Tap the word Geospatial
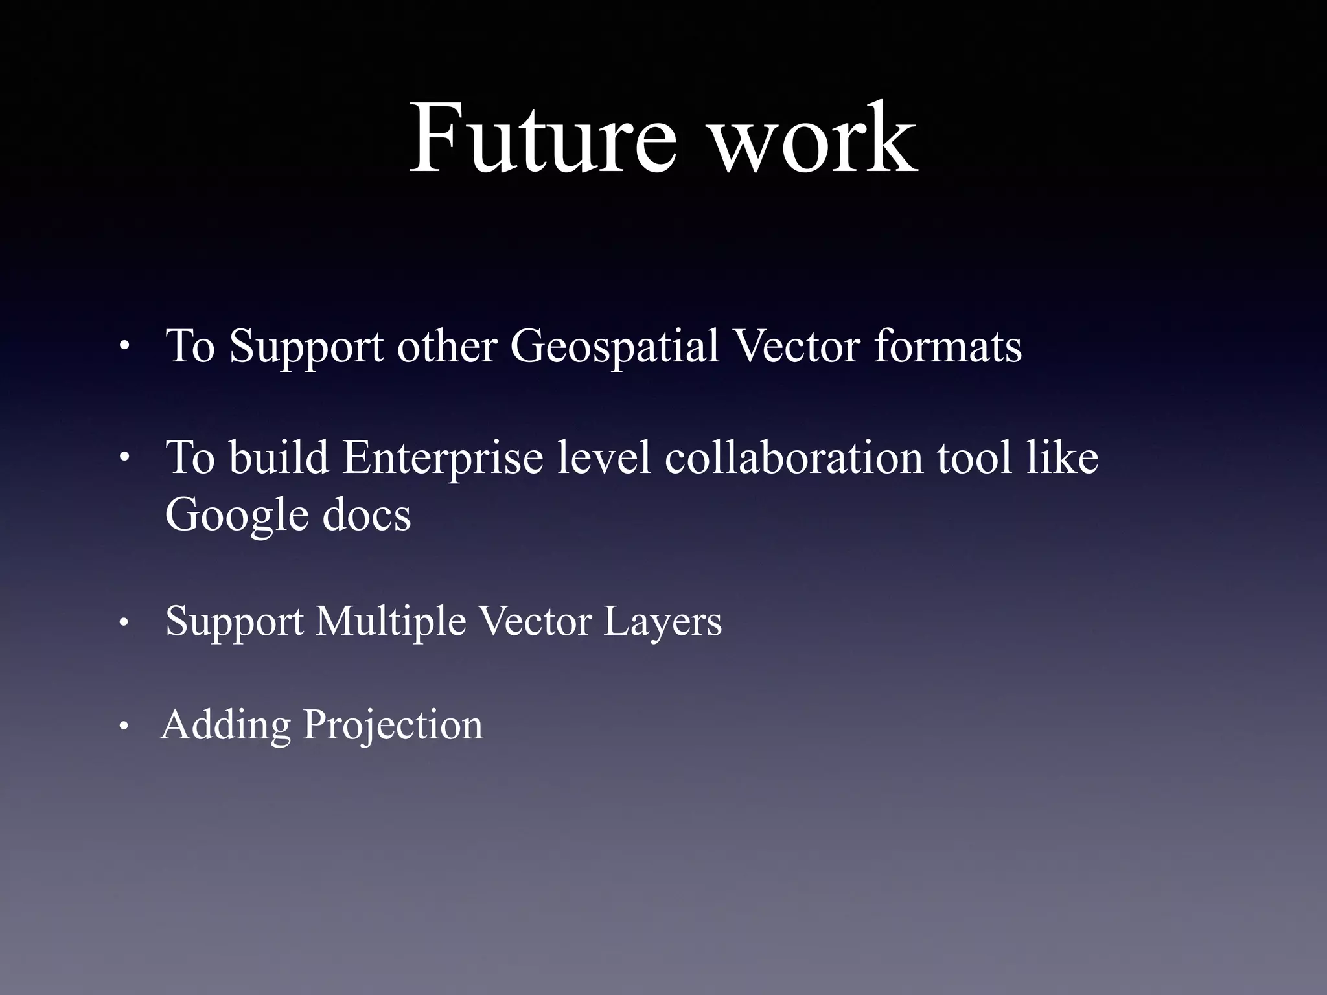pos(614,347)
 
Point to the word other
pos(446,346)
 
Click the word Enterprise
pos(443,459)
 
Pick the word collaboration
pos(794,457)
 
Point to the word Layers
pos(662,623)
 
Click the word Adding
pos(226,725)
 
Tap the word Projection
pos(393,726)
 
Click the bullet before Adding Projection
pos(124,727)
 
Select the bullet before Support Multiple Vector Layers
pos(124,624)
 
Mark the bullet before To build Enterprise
pos(124,459)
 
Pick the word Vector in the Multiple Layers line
pos(535,621)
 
